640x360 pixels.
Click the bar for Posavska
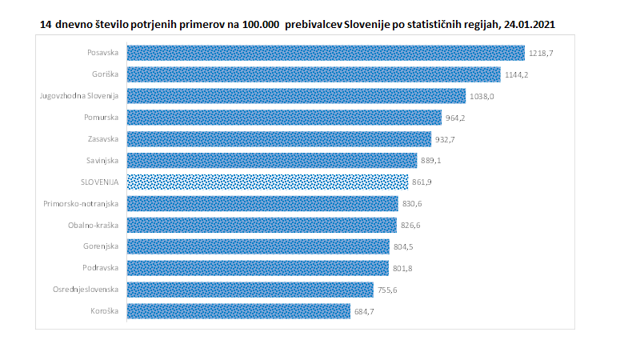pyautogui.click(x=326, y=54)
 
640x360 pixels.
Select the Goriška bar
pyautogui.click(x=314, y=75)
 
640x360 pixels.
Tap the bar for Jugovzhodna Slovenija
pyautogui.click(x=296, y=96)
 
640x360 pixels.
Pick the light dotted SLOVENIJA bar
pyautogui.click(x=268, y=182)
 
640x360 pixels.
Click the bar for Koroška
pyautogui.click(x=238, y=310)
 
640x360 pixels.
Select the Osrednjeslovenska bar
pyautogui.click(x=250, y=289)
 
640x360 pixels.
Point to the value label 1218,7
pyautogui.click(x=542, y=54)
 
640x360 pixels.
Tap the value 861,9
pyautogui.click(x=422, y=182)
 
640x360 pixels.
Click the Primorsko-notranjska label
pyautogui.click(x=82, y=203)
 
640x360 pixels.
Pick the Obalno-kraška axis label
pyautogui.click(x=93, y=225)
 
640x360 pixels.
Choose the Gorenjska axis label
pyautogui.click(x=101, y=246)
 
